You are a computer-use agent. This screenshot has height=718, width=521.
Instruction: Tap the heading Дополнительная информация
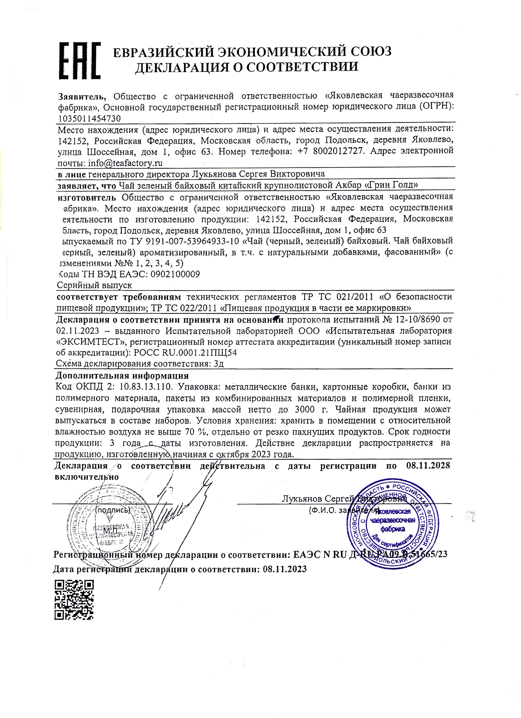[122, 376]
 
